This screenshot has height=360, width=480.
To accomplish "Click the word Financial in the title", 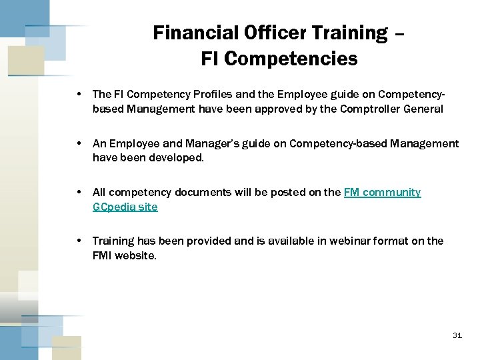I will coord(187,32).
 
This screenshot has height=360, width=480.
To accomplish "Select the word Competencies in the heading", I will coord(291,59).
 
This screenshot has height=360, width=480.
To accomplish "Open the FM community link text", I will coord(382,192).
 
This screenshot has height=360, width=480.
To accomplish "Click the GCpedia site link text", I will coord(125,207).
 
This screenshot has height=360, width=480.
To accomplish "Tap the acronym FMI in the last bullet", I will coord(103,255).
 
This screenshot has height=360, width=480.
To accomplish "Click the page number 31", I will coord(457,335).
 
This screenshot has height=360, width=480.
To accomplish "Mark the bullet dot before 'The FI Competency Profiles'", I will coord(80,95).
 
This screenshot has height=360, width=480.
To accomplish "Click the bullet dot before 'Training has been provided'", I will coord(80,241).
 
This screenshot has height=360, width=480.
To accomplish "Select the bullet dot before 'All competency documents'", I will coord(80,192).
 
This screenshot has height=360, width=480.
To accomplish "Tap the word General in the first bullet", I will coord(423,109).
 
